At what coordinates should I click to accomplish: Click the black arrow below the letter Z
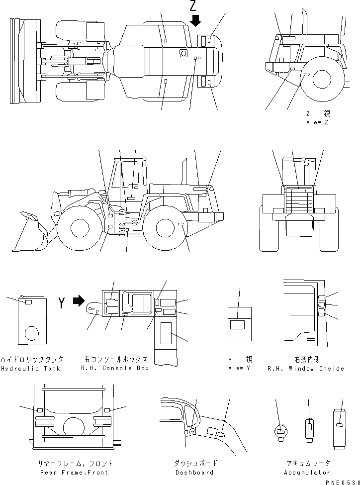pyautogui.click(x=195, y=20)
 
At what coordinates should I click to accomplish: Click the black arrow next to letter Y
pyautogui.click(x=79, y=301)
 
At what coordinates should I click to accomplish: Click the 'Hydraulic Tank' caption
pyautogui.click(x=32, y=368)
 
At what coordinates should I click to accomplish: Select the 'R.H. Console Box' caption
pyautogui.click(x=115, y=368)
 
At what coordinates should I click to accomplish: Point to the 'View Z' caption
pyautogui.click(x=317, y=122)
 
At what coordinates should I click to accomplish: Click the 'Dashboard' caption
pyautogui.click(x=194, y=472)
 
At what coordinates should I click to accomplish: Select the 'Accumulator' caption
pyautogui.click(x=307, y=472)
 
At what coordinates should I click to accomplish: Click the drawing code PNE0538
pyautogui.click(x=342, y=482)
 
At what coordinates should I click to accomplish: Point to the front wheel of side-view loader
pyautogui.click(x=80, y=228)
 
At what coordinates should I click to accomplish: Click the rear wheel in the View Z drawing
pyautogui.click(x=322, y=79)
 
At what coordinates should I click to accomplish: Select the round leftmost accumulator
pyautogui.click(x=281, y=430)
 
